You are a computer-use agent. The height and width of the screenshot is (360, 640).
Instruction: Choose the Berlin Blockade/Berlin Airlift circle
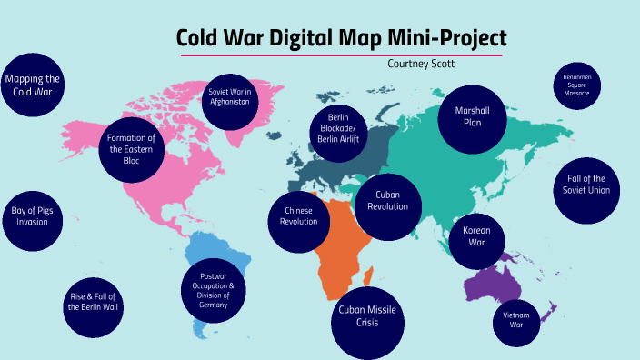pos(335,128)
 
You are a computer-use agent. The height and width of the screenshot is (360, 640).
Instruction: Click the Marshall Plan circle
pos(472,116)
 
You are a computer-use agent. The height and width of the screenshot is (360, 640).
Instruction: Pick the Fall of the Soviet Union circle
pos(586,185)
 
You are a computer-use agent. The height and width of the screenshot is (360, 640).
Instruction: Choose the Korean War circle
pos(476,236)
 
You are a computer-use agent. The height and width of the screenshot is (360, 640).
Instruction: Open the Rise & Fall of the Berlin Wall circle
pos(93,301)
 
